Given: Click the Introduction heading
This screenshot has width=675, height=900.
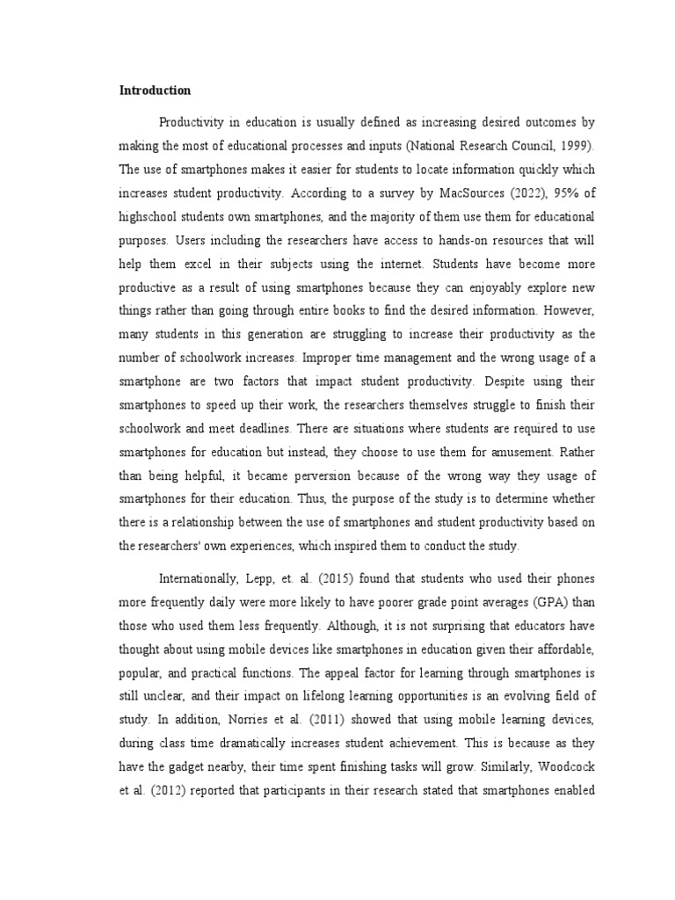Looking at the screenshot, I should coord(156,90).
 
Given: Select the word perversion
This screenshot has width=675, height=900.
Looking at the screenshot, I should coord(290,477).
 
